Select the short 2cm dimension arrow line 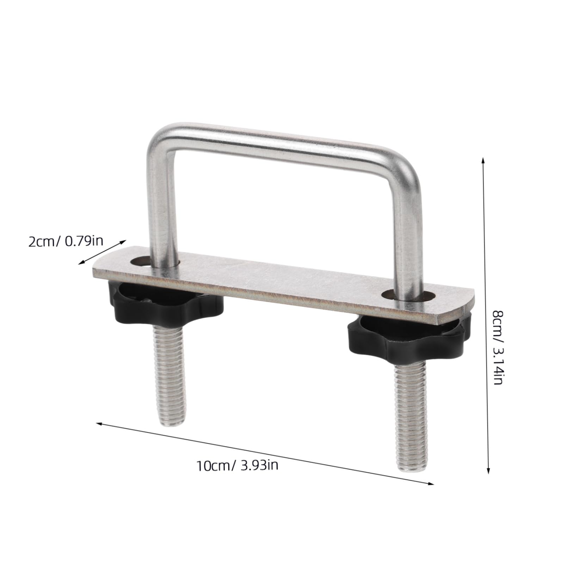click(102, 251)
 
